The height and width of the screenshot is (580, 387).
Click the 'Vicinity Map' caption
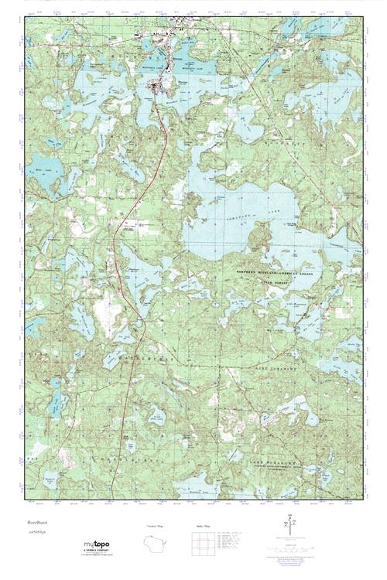[156, 526]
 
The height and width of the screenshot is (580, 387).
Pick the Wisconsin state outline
[156, 544]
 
